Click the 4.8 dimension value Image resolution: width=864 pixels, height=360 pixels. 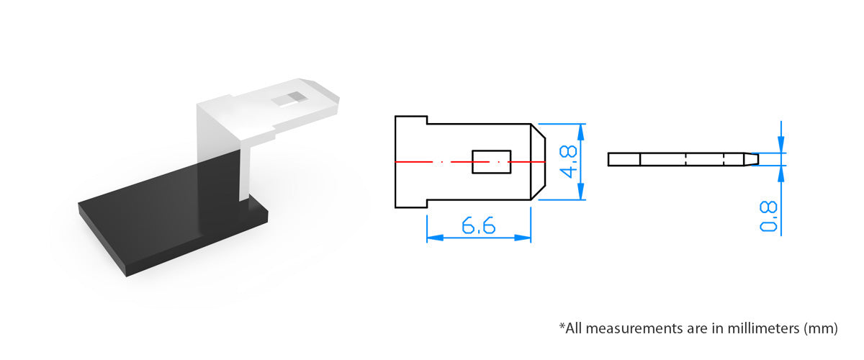[x=569, y=162]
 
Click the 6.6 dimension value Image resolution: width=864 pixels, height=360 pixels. [x=478, y=226]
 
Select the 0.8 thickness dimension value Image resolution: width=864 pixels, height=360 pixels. [x=768, y=217]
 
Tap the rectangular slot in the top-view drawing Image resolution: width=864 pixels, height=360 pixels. [x=491, y=162]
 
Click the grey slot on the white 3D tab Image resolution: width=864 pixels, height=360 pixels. [x=289, y=99]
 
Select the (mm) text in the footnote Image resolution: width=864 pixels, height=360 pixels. [x=821, y=329]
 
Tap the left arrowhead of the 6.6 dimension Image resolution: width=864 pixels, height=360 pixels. [x=435, y=238]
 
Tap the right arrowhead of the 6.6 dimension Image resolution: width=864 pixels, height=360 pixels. [x=523, y=238]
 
